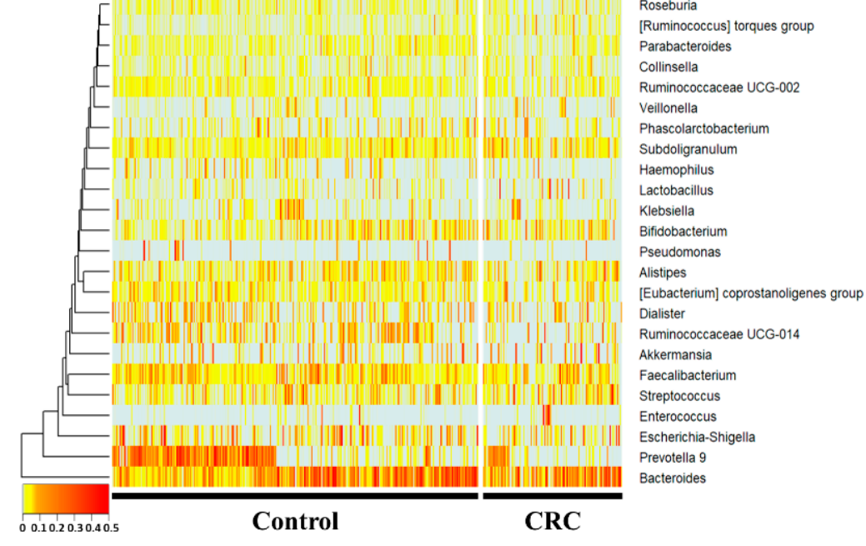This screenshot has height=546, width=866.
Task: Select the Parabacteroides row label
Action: [x=685, y=47]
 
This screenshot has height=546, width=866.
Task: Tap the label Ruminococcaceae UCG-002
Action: [x=719, y=88]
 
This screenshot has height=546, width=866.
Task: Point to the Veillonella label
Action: [x=668, y=108]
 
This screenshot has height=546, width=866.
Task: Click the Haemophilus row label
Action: [x=676, y=170]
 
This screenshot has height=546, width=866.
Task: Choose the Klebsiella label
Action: [x=667, y=211]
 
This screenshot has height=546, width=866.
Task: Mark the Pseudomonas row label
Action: [x=680, y=252]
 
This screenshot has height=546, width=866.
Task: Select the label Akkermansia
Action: [x=675, y=355]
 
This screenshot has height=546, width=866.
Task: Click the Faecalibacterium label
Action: [x=688, y=375]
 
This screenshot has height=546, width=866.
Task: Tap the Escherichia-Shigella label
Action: [x=698, y=437]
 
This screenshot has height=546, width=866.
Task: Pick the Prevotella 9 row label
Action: [x=673, y=458]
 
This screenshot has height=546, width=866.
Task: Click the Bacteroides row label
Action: [x=672, y=478]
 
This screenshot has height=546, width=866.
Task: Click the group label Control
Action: [x=295, y=521]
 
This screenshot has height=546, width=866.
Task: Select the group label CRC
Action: [x=552, y=521]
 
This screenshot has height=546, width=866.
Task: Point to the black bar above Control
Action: [x=295, y=496]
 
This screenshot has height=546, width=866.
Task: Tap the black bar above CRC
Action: [x=552, y=496]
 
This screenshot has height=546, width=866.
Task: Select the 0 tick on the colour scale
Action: [x=23, y=528]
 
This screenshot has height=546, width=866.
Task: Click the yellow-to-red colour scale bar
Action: [x=65, y=500]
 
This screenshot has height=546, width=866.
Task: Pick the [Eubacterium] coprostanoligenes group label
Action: [x=751, y=293]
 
